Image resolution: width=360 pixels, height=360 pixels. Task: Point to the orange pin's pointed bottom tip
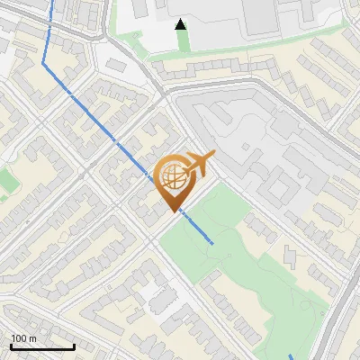point(173,212)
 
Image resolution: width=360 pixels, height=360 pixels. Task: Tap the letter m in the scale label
point(32,337)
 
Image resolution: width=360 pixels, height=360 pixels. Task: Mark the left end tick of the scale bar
point(11,346)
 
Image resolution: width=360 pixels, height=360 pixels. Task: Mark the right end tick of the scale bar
point(74,346)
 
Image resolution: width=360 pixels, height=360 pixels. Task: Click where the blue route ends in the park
point(212,244)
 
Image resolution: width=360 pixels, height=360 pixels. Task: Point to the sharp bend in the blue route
point(44,64)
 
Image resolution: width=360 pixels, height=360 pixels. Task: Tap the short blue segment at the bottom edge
point(291,355)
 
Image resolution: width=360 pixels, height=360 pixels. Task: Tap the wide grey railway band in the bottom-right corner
point(337,333)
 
